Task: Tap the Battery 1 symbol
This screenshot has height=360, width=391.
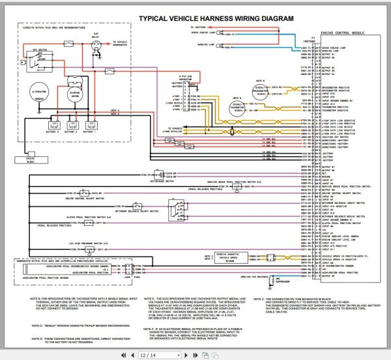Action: [x=93, y=124]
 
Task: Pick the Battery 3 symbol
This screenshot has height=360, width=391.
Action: [x=52, y=124]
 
